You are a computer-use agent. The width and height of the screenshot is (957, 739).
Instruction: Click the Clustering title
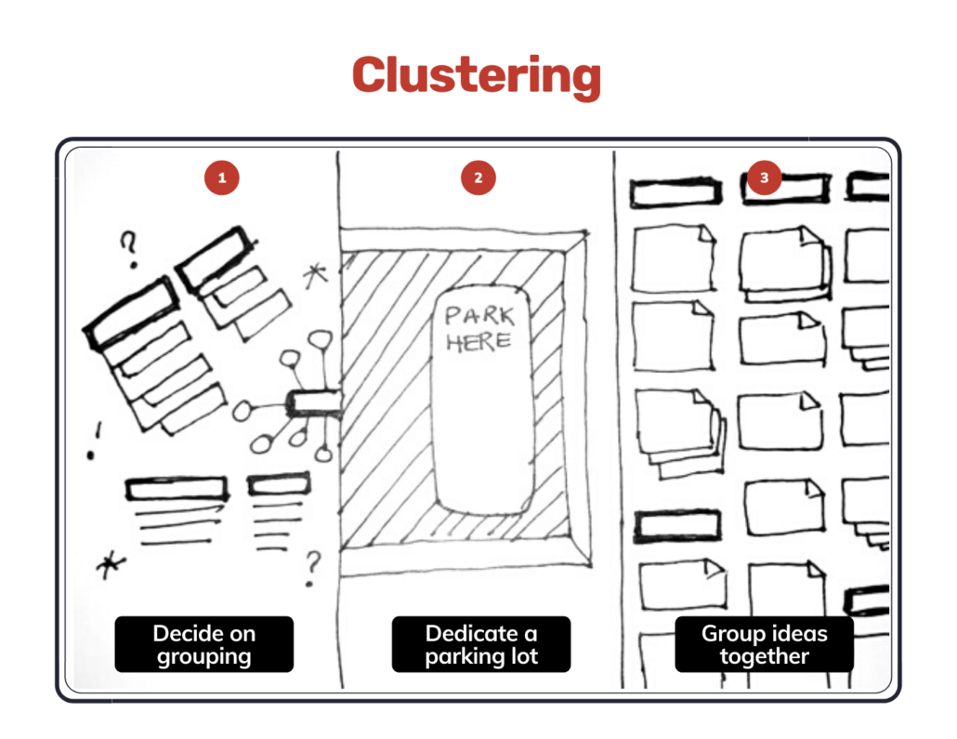(x=477, y=76)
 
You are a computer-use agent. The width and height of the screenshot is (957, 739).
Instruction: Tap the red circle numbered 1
(x=221, y=178)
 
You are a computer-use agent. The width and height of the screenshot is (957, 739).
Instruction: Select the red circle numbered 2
(x=478, y=178)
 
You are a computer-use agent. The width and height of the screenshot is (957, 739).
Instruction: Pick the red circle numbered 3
(x=764, y=178)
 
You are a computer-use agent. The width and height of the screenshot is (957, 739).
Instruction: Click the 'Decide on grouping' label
(x=203, y=644)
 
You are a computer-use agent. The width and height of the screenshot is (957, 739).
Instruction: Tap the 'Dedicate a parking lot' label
(x=481, y=644)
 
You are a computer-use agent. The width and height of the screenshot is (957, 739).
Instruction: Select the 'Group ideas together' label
(x=764, y=644)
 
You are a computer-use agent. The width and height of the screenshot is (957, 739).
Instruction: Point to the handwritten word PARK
(x=479, y=316)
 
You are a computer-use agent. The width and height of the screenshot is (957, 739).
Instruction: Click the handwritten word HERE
(x=478, y=341)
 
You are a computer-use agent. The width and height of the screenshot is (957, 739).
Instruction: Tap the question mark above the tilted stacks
(x=129, y=249)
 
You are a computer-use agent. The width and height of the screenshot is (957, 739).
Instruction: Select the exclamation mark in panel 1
(x=95, y=441)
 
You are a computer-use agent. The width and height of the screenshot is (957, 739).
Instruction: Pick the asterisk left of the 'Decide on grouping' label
(x=111, y=565)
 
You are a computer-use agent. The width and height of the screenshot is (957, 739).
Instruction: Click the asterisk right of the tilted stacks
(x=316, y=275)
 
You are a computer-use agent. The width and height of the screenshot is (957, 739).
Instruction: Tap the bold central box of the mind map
(x=314, y=403)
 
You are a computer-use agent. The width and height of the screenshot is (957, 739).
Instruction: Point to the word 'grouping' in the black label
(x=203, y=657)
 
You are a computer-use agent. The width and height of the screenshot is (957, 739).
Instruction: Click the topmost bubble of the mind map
(x=321, y=339)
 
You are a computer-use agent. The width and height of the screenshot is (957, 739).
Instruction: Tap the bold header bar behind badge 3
(x=785, y=188)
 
